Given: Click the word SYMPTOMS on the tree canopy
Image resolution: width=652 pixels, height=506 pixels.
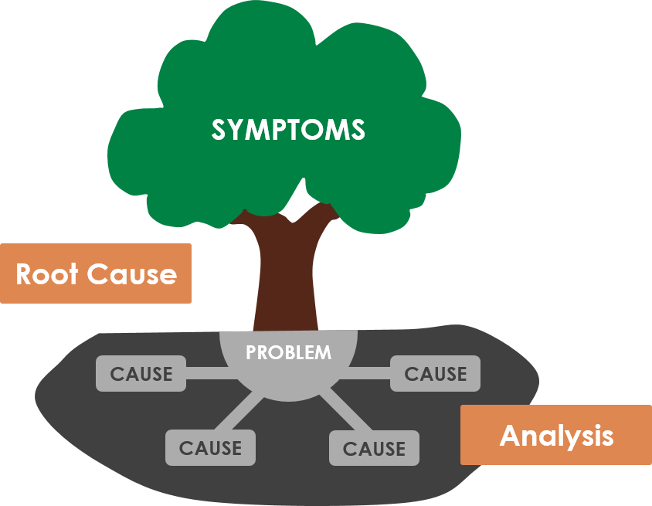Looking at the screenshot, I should (288, 130).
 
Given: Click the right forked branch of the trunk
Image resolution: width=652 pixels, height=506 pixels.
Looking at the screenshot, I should (316, 219).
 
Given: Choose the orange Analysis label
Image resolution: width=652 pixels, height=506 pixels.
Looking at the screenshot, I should (555, 435).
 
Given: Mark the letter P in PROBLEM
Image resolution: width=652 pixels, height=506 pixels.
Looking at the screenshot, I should (251, 353).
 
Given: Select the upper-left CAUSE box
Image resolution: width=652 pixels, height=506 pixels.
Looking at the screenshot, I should (141, 374).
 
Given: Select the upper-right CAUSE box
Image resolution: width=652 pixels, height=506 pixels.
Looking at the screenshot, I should (436, 374).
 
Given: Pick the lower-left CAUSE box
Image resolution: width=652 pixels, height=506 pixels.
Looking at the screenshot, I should (210, 448).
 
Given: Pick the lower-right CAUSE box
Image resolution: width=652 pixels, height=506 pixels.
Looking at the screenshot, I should (374, 448).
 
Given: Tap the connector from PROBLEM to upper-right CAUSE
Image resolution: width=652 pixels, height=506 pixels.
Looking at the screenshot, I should (372, 375).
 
